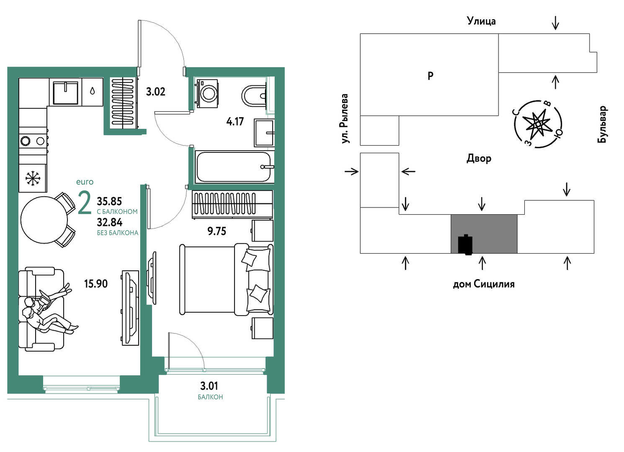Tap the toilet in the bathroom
point(254,96)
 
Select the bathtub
point(234,167)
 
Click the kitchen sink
point(65,92)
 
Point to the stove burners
point(33,141)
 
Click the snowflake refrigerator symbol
point(33,178)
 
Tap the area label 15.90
point(95,284)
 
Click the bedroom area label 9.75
point(217,231)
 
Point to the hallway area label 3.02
point(155,92)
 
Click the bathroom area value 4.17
point(235,122)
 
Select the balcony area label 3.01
point(209,386)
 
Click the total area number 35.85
point(109,201)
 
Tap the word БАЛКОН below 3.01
point(210,397)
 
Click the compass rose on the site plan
point(538,124)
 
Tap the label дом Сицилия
point(484,284)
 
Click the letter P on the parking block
point(430,76)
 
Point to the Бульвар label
point(602,124)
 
